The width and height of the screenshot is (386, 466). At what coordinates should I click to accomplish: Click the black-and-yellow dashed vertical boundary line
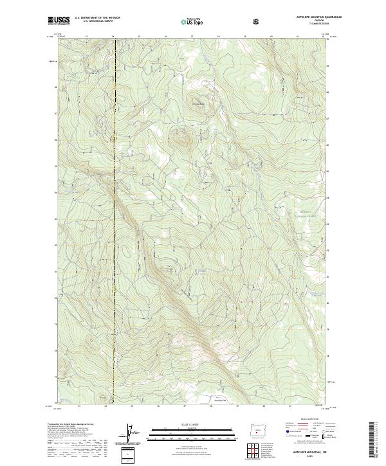point(114,257)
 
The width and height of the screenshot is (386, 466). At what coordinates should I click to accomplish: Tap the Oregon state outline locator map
point(257,429)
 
